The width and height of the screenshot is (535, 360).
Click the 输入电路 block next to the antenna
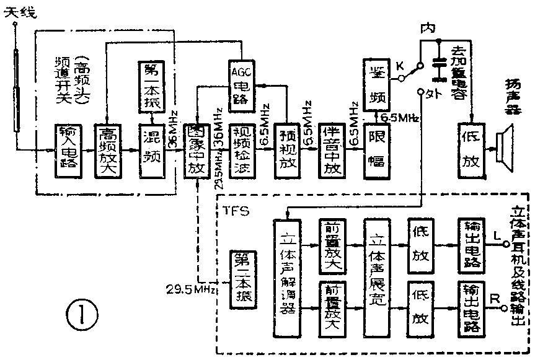tap(66, 149)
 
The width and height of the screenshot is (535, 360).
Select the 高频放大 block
tap(107, 149)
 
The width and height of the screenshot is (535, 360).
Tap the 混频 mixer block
tap(151, 149)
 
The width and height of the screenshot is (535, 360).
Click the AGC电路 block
tap(240, 86)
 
